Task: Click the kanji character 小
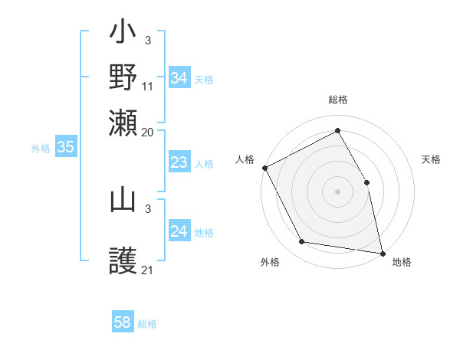[123, 35]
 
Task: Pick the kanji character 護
[123, 261]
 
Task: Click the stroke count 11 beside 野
[148, 87]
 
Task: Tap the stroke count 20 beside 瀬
[148, 133]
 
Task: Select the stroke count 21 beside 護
[148, 270]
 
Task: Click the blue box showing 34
[179, 78]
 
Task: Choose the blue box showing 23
[179, 162]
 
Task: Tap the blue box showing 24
[179, 231]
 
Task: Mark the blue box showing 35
[65, 148]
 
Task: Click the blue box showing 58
[123, 322]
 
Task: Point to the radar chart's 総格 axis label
[338, 100]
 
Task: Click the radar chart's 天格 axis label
[432, 159]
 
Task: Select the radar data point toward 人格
[264, 168]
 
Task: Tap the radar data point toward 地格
[383, 253]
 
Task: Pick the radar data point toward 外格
[302, 242]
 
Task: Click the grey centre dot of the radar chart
[338, 191]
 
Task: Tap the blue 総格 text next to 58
[147, 324]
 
